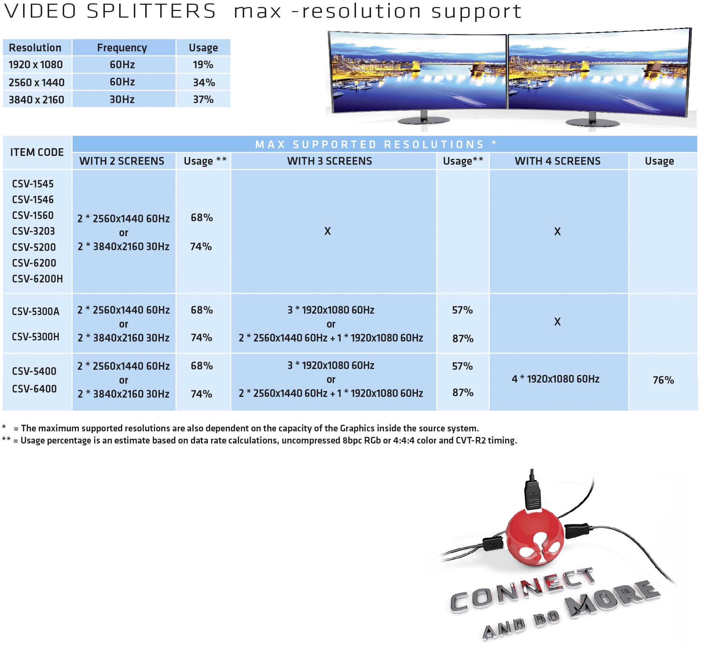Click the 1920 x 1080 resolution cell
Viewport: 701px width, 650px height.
[x=36, y=65]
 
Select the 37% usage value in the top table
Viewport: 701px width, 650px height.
[x=203, y=99]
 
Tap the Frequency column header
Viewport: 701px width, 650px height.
[x=122, y=48]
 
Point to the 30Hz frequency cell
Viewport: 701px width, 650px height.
[x=122, y=99]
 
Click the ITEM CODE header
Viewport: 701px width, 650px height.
[x=37, y=152]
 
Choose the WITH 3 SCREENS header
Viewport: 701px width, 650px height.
[x=329, y=161]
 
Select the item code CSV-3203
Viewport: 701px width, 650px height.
[x=33, y=231]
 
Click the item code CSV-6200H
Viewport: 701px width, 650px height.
[x=37, y=279]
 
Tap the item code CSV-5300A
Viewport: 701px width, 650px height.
[x=36, y=311]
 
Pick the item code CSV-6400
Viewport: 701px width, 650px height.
[x=34, y=389]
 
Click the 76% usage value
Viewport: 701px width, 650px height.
[x=663, y=380]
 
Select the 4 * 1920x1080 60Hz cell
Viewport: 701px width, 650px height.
[x=555, y=379]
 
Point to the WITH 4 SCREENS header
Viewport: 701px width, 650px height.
[x=557, y=161]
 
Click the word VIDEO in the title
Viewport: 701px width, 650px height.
[x=40, y=11]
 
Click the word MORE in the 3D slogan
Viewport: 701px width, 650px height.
[x=612, y=598]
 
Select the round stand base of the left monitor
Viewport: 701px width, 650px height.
[x=423, y=120]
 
